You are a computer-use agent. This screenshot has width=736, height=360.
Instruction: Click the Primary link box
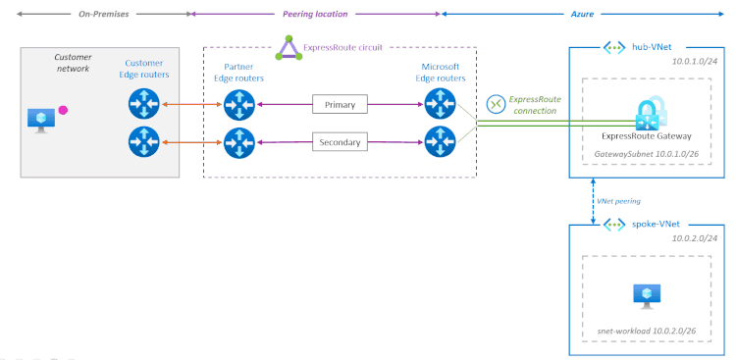(x=340, y=104)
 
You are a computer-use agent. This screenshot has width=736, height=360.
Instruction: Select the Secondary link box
(x=340, y=142)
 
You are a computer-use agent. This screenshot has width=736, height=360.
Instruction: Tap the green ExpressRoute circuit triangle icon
(x=288, y=47)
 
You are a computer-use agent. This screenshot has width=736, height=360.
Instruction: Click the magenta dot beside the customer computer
(x=63, y=110)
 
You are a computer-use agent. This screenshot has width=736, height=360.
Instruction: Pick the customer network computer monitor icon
(x=41, y=119)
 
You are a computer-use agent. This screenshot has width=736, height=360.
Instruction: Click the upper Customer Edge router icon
(x=143, y=103)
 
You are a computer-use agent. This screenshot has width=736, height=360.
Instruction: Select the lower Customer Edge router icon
(x=143, y=141)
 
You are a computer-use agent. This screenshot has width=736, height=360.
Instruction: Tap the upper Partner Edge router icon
(x=238, y=103)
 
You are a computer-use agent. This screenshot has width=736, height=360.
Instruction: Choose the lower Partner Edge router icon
(x=238, y=141)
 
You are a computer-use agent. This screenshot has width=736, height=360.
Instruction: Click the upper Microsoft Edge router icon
(x=439, y=103)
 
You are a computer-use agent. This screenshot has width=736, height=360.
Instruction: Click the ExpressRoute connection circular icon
(x=496, y=103)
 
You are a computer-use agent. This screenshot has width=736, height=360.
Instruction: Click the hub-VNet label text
(x=653, y=46)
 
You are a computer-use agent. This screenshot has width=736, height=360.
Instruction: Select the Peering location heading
(x=315, y=15)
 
